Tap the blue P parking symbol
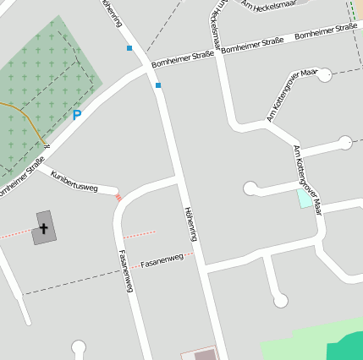coord(77,115)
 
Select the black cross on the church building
coord(43,227)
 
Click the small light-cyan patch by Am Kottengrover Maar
coord(304,199)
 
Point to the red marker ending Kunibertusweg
coord(118,198)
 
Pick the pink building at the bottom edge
coord(200,355)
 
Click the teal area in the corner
coord(347,347)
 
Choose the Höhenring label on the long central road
coord(191,224)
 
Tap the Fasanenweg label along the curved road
coord(125,271)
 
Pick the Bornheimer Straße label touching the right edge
coord(326,32)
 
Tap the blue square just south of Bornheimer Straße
coord(157,85)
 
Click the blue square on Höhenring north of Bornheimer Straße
coord(129,48)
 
